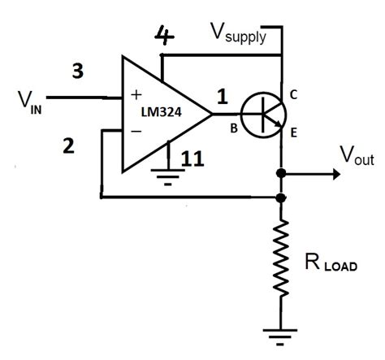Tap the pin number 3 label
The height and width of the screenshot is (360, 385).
pyautogui.click(x=77, y=72)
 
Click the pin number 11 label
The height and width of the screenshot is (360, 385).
pyautogui.click(x=192, y=159)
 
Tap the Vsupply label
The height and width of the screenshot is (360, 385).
pyautogui.click(x=239, y=33)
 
